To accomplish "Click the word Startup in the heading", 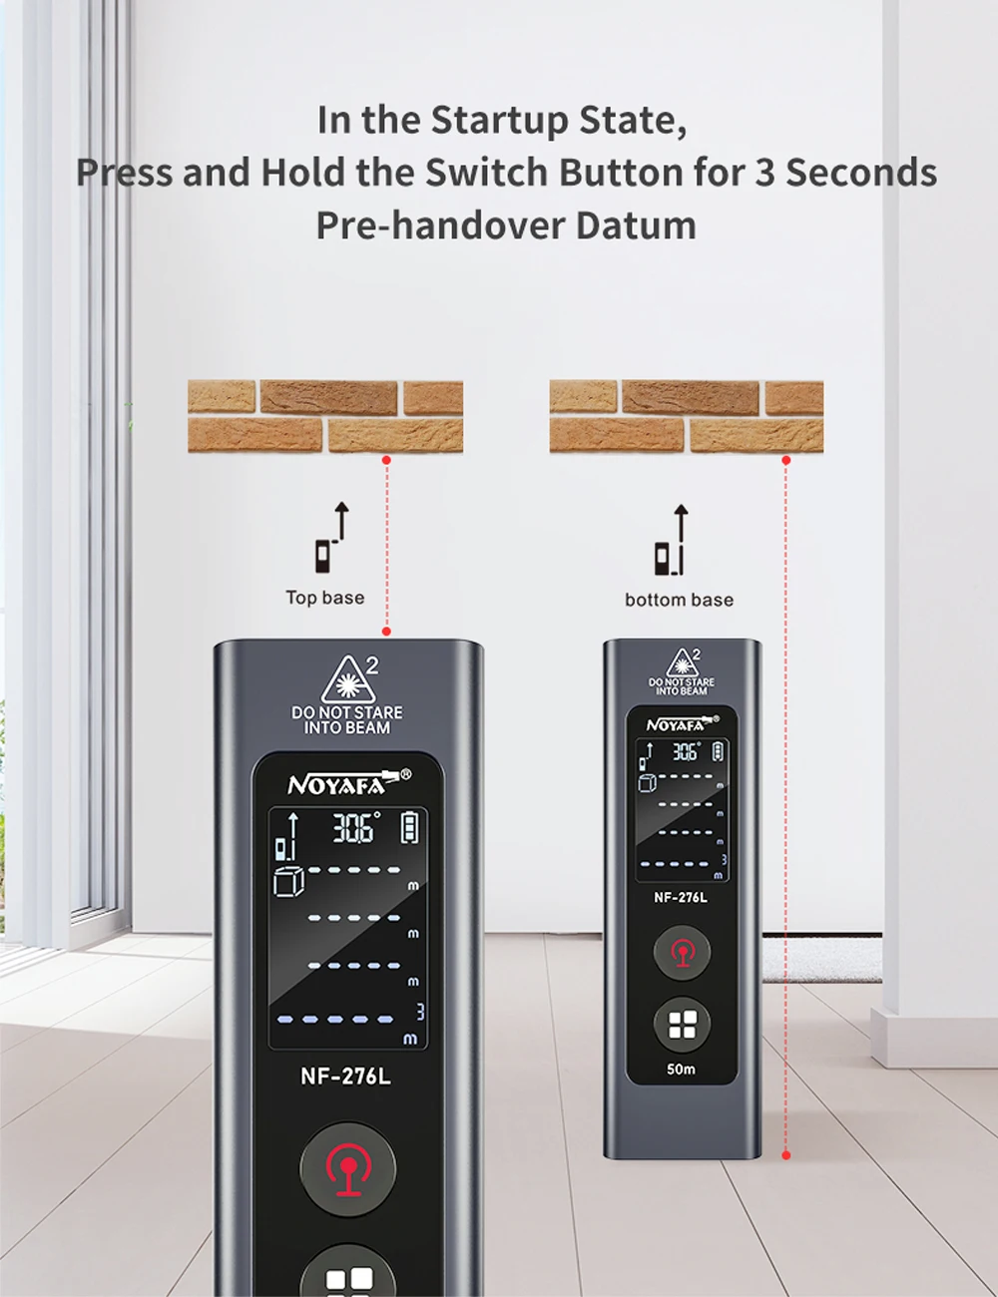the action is (x=500, y=121).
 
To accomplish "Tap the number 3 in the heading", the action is (x=767, y=173).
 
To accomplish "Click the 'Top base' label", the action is (x=325, y=598).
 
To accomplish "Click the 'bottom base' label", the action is (x=680, y=600).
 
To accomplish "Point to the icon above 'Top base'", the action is (x=332, y=537).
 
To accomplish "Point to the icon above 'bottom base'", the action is (x=672, y=540).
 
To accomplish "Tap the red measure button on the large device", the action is (x=348, y=1169).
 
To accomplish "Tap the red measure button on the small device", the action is (x=682, y=952).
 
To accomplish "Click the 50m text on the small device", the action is (x=681, y=1069).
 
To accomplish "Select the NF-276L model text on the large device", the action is (x=346, y=1077).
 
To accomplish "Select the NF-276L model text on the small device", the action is (x=681, y=897).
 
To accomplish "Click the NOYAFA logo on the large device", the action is (x=348, y=784).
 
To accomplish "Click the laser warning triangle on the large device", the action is (x=348, y=679).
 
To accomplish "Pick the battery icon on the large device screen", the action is (x=409, y=827).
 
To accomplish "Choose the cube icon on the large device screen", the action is (x=288, y=881).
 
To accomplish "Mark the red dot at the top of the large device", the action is (x=387, y=631).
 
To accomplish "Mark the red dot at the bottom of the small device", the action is (x=786, y=1155).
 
